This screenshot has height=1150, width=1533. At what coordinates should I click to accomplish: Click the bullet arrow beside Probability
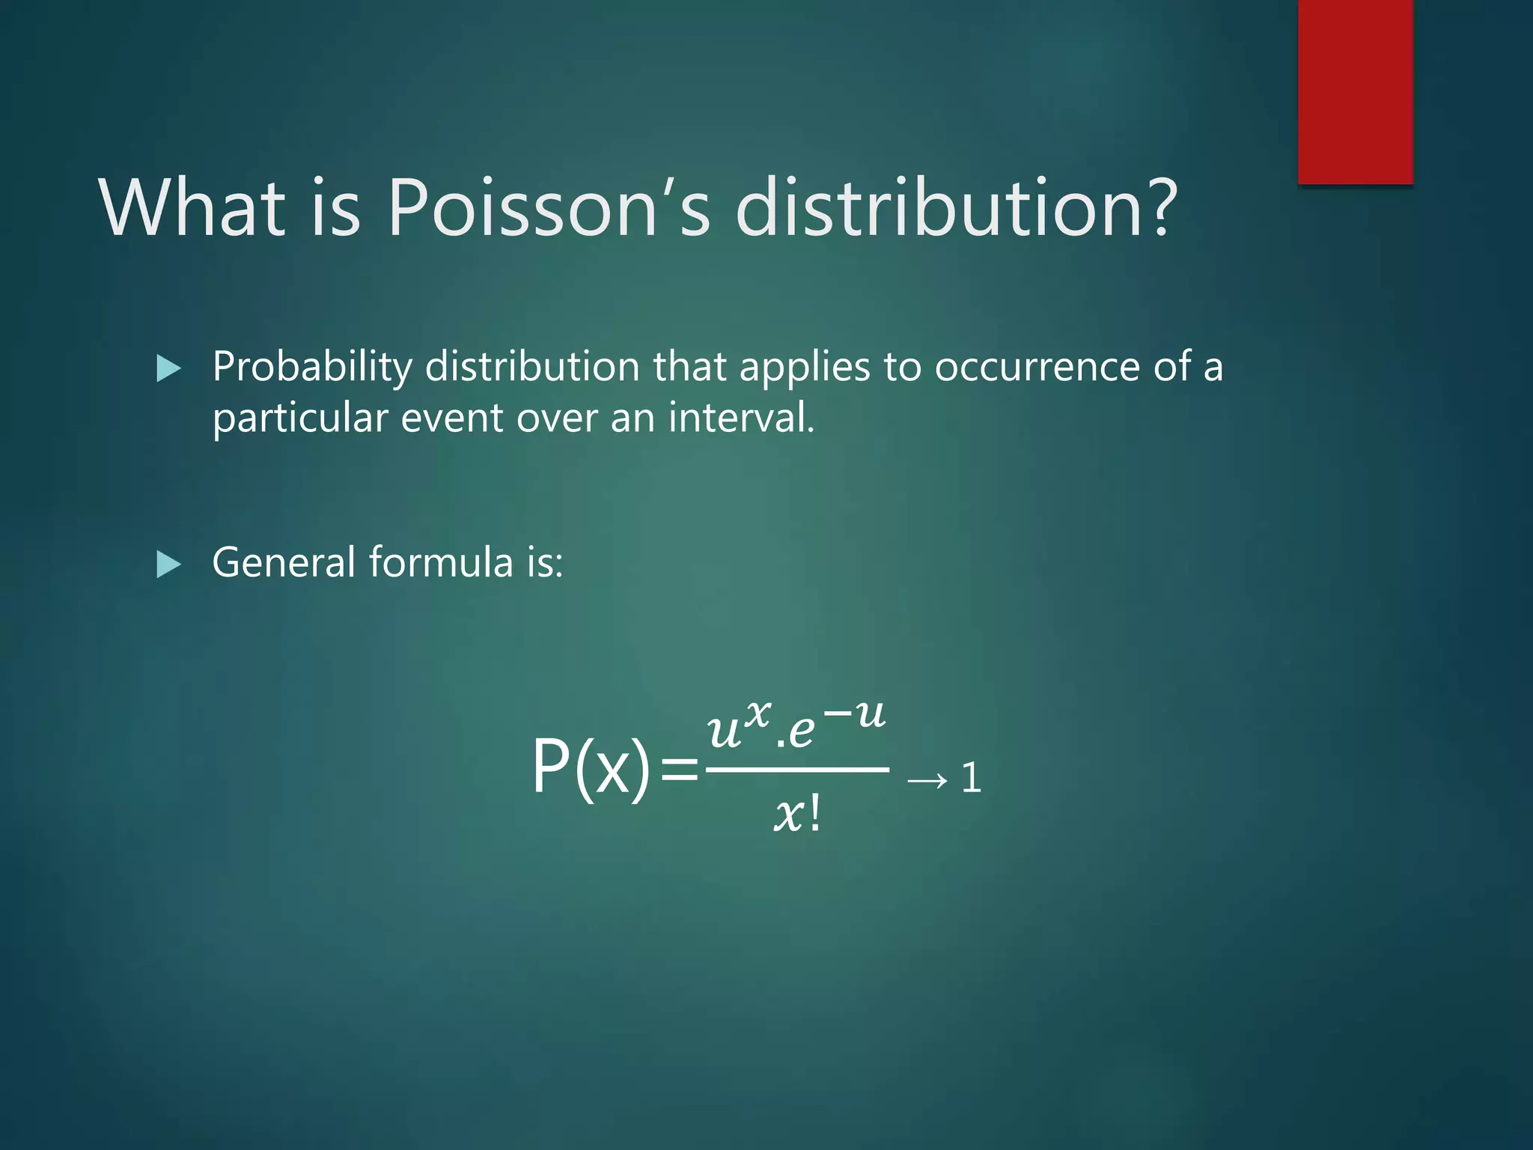[169, 368]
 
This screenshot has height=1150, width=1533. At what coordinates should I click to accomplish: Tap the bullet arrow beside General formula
[169, 565]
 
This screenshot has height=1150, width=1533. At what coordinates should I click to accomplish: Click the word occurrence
[1037, 367]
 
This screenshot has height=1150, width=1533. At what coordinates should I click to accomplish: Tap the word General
[284, 562]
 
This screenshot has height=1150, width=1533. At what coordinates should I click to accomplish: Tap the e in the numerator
[801, 731]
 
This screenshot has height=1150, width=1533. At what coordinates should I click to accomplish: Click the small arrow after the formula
[927, 781]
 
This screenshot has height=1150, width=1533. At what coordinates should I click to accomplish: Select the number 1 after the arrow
[971, 778]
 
